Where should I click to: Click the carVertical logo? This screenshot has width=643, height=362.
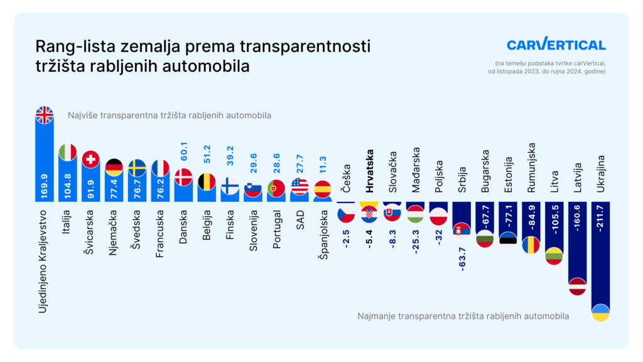click(x=556, y=44)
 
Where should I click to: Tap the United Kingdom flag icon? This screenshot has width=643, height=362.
click(x=44, y=114)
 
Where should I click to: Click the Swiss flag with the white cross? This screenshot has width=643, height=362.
click(x=90, y=159)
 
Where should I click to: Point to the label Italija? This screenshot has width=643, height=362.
click(x=67, y=222)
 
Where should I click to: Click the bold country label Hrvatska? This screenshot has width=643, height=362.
click(x=369, y=171)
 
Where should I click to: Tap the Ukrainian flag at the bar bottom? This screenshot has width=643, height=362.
click(x=601, y=312)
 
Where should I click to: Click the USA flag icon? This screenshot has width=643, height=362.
click(x=300, y=187)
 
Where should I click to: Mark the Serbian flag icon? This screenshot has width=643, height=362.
click(x=462, y=230)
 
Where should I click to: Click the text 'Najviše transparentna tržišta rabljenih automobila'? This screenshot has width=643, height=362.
click(x=170, y=116)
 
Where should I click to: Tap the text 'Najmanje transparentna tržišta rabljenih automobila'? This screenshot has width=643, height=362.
click(x=463, y=316)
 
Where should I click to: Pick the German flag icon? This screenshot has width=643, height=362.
click(x=114, y=167)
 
